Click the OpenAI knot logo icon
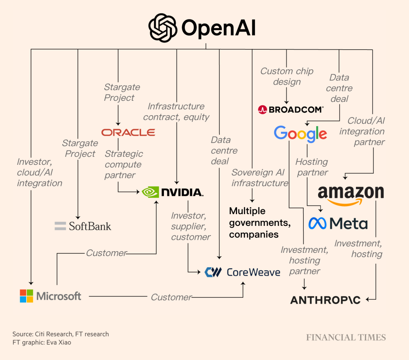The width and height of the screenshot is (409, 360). (163, 28)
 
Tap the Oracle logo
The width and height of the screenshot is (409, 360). (128, 132)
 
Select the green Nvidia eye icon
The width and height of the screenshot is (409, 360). (150, 192)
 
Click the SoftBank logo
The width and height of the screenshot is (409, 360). (83, 227)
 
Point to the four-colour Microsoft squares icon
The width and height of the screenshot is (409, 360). (27, 296)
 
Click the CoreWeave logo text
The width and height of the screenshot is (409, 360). (253, 272)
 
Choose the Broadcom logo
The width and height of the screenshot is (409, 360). (291, 110)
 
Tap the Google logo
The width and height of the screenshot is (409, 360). (300, 133)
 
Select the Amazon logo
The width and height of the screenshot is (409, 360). (351, 194)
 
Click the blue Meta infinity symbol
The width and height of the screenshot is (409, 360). (317, 223)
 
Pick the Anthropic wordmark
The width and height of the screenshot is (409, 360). (325, 300)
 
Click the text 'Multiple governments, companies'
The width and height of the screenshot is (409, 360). (259, 223)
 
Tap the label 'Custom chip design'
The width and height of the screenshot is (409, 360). (287, 77)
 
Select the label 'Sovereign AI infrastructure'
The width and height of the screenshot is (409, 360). (259, 178)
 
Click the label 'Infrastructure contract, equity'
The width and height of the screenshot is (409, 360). (176, 112)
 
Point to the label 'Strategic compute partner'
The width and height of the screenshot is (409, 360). (123, 164)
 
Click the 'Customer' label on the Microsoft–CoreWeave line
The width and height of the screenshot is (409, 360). (171, 297)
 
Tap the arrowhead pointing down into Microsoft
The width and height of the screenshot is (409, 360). (31, 283)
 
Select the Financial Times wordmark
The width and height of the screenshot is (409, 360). (346, 338)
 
